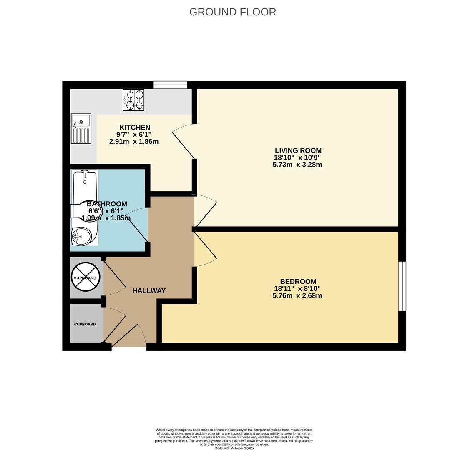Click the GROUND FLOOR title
click(x=232, y=12)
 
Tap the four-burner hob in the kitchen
click(x=133, y=100)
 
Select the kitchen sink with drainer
click(x=81, y=128)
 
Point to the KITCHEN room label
click(x=135, y=127)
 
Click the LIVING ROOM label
click(x=298, y=150)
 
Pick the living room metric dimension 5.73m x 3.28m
click(x=297, y=165)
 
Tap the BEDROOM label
click(x=298, y=281)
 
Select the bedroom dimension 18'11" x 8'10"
click(x=297, y=288)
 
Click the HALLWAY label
click(x=149, y=290)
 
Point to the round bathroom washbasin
click(x=81, y=236)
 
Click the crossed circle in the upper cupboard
click(x=86, y=277)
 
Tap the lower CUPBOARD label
click(x=85, y=324)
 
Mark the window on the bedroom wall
click(x=403, y=286)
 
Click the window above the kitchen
click(x=171, y=85)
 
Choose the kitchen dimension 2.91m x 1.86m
click(x=134, y=142)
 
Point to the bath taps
click(x=85, y=172)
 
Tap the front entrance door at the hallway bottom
click(x=129, y=335)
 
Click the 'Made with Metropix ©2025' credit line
click(x=234, y=448)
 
